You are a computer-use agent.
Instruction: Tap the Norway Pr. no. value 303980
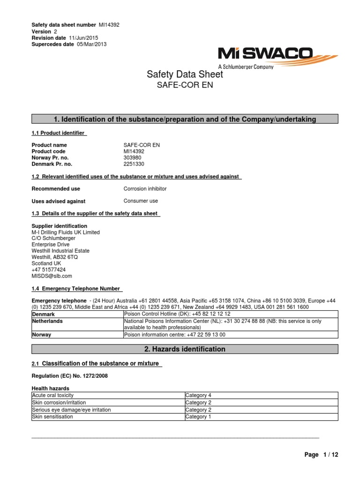pos(132,158)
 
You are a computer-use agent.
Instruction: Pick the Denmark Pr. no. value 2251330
pos(134,165)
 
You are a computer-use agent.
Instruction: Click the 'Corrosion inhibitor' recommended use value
pos(145,188)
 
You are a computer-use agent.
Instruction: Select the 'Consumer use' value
pos(141,201)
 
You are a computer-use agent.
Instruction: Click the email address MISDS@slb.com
pos(52,276)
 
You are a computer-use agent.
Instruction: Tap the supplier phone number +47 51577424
pos(48,270)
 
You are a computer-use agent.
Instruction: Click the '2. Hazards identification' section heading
pos(184,349)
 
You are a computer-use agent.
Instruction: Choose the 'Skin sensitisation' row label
pos(52,416)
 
